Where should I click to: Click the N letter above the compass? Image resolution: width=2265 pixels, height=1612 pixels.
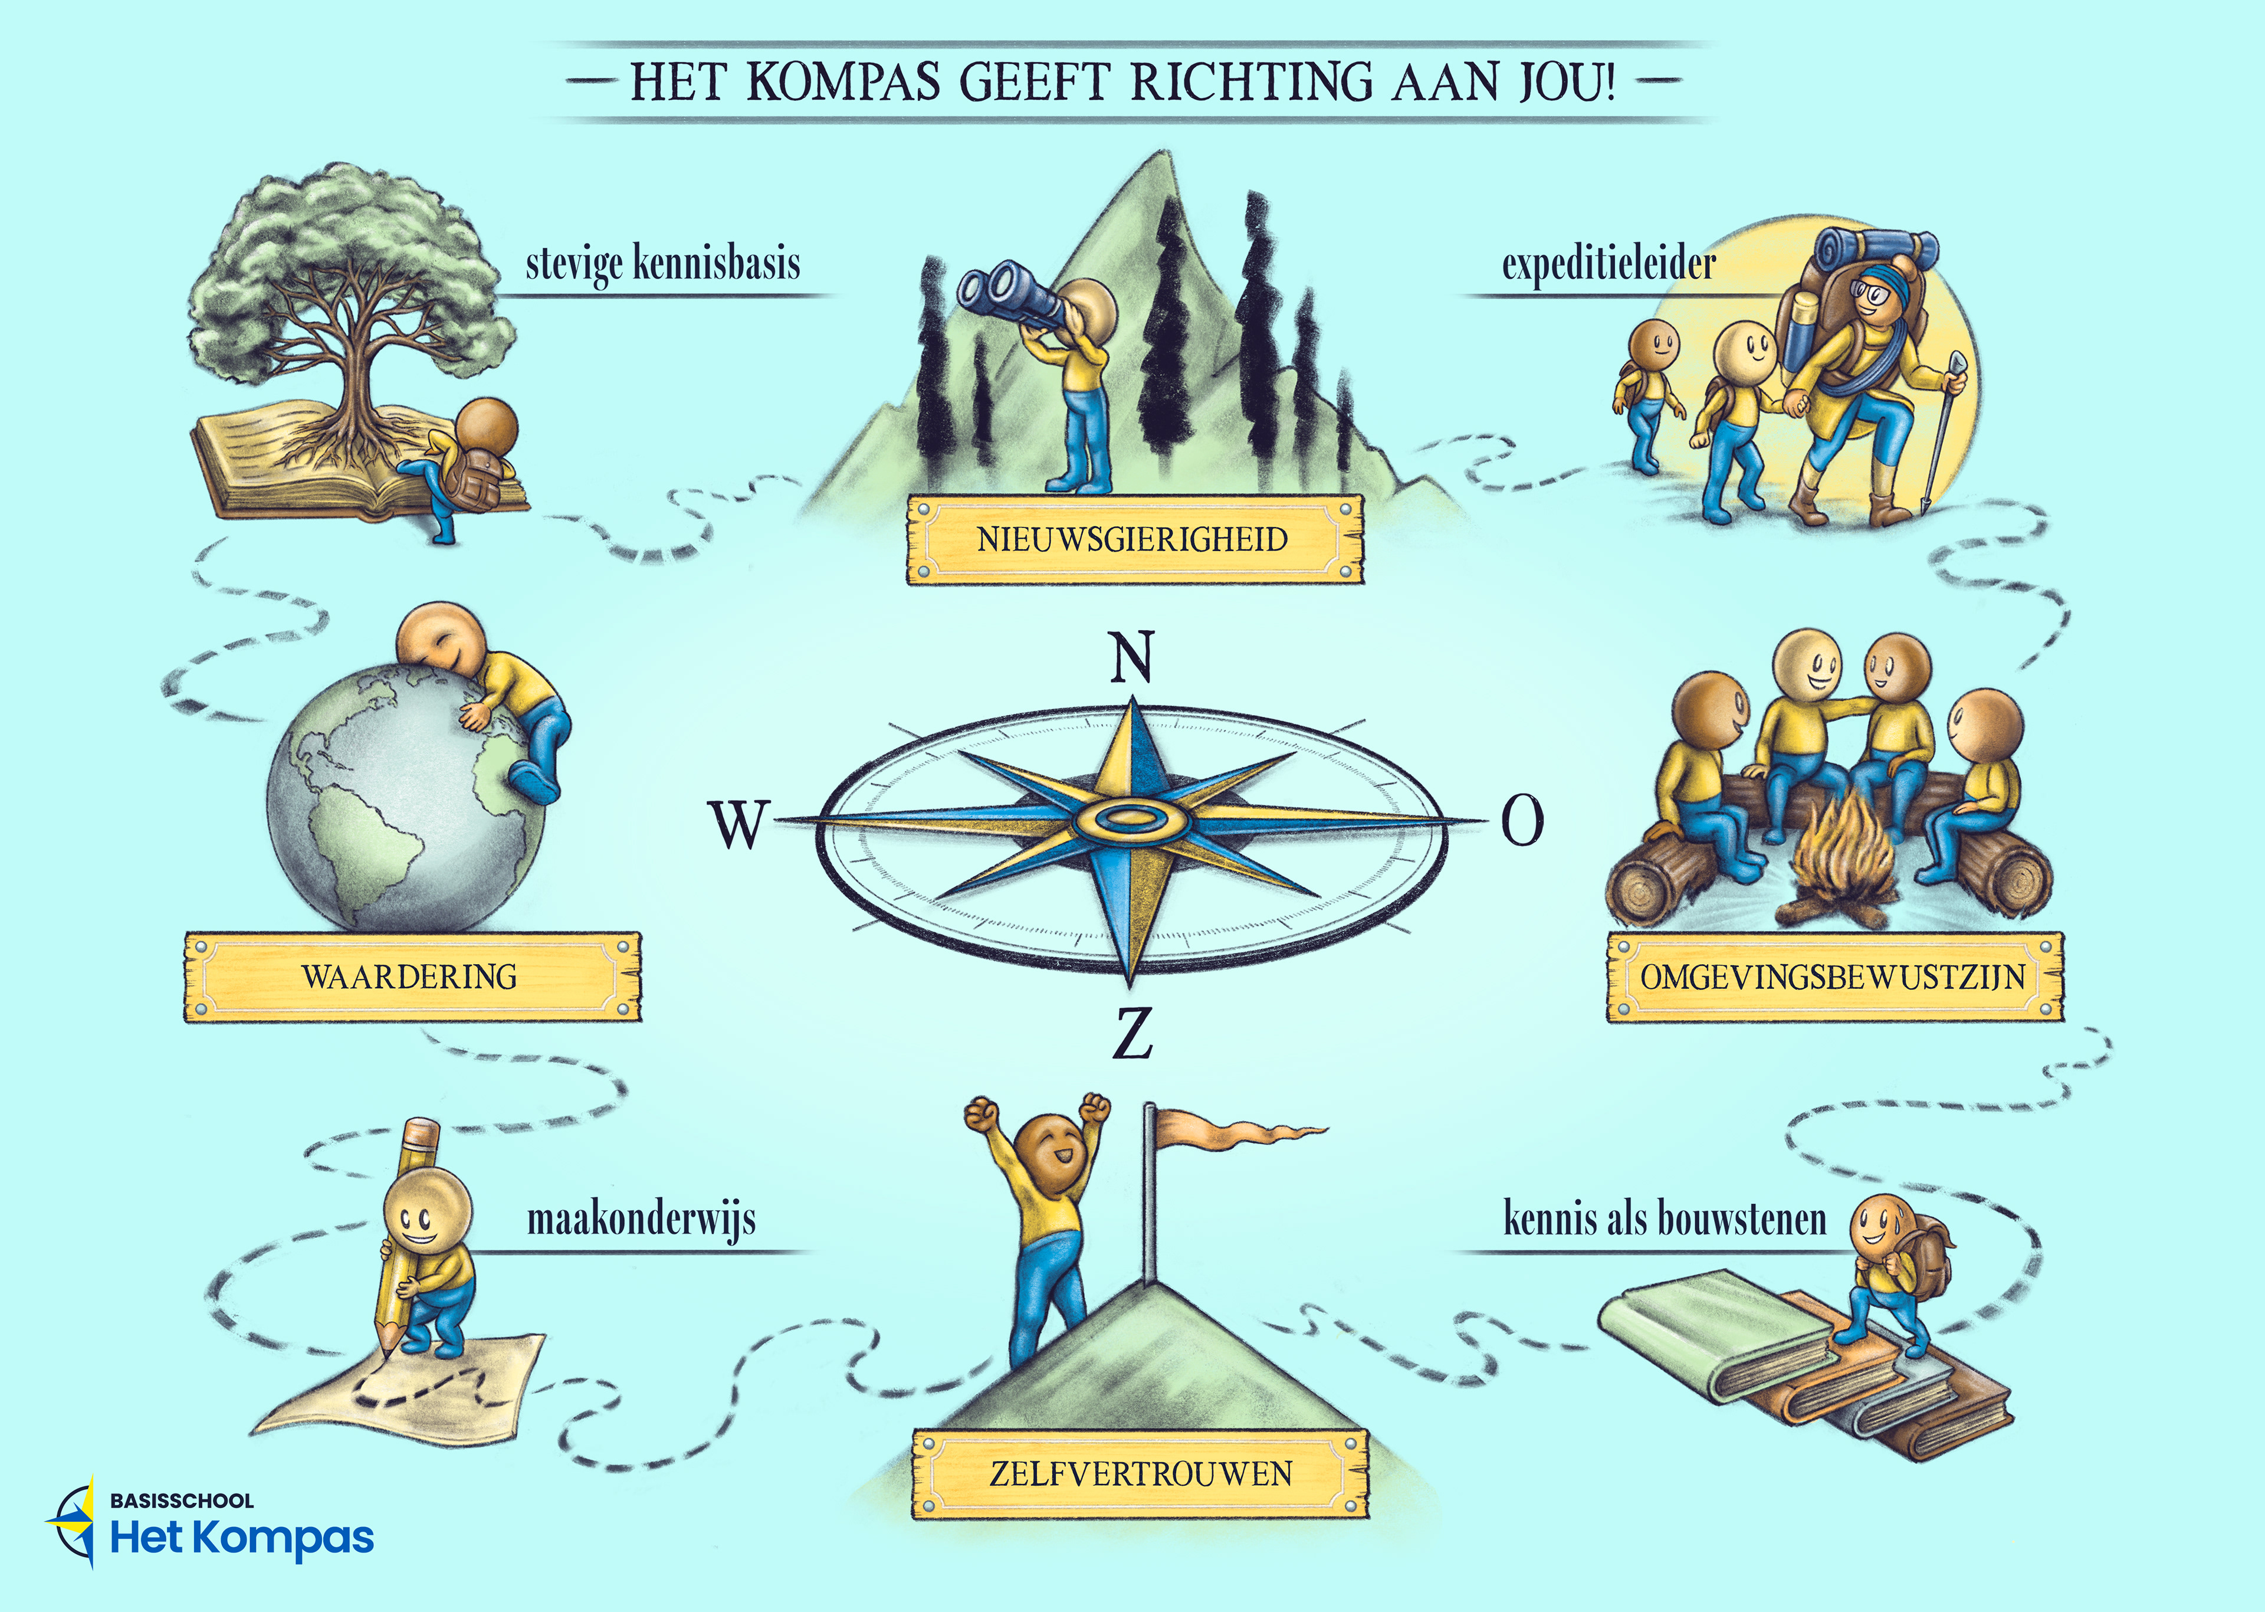click(x=1131, y=657)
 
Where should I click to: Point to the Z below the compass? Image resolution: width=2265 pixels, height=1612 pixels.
click(x=1132, y=1033)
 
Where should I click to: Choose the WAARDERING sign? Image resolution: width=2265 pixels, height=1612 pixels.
click(x=411, y=977)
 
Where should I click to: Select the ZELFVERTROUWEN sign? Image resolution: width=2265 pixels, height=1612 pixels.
click(x=1140, y=1474)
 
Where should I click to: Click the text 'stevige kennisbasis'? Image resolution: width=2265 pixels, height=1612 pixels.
click(x=663, y=264)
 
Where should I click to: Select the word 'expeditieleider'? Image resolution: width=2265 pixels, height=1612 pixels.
click(x=1609, y=264)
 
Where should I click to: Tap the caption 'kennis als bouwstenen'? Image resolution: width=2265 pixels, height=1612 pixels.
click(x=1664, y=1219)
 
